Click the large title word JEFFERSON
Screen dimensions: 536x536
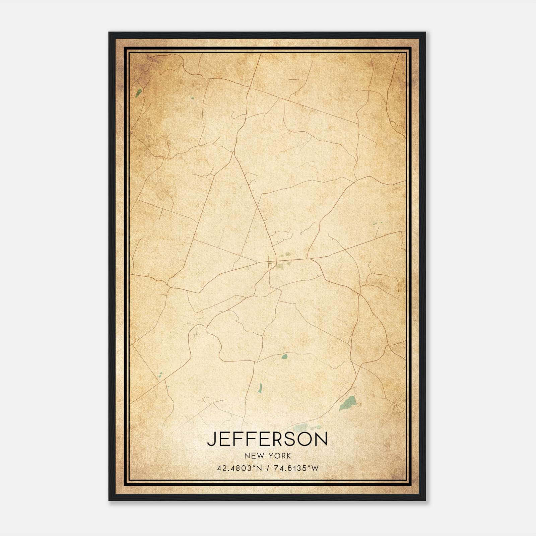pos(267,439)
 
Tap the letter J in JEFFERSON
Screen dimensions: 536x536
pos(211,439)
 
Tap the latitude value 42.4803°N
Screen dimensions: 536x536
pos(239,468)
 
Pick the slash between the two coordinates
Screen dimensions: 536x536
pos(267,468)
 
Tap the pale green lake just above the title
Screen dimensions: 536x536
pos(301,427)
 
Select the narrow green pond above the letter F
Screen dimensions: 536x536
pos(260,388)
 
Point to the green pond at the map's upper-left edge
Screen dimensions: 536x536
pos(138,92)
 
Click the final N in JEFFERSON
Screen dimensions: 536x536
pos(321,439)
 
